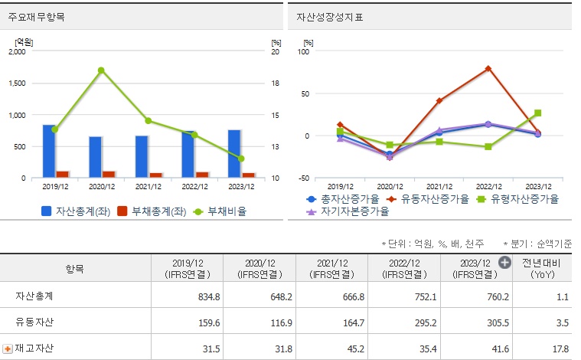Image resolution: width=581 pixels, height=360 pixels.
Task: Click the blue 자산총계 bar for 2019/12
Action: [x=49, y=151]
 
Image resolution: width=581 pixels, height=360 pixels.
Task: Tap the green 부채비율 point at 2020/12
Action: [x=101, y=70]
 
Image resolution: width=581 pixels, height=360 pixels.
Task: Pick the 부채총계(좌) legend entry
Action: [x=152, y=211]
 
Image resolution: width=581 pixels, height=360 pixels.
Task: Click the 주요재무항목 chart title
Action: [x=37, y=16]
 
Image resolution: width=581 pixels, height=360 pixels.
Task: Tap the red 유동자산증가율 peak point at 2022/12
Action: [x=488, y=69]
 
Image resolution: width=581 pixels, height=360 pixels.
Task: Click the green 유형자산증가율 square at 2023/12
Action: [x=537, y=113]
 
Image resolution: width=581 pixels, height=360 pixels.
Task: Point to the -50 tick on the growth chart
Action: [x=304, y=178]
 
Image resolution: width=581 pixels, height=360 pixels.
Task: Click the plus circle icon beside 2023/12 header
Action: [x=504, y=262]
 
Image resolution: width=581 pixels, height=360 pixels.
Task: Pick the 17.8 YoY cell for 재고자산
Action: [x=561, y=349]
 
